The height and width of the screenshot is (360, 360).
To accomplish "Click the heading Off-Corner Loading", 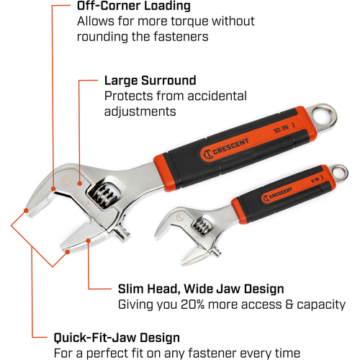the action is click(134, 6).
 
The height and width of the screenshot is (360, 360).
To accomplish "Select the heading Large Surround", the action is click(150, 81).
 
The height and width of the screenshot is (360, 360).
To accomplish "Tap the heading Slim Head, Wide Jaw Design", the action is click(201, 289).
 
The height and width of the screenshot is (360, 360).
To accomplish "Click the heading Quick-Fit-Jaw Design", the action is click(117, 338).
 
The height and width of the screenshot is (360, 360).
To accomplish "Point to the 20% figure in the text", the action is click(192, 305).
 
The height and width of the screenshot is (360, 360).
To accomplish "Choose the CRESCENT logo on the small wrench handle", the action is click(278, 194).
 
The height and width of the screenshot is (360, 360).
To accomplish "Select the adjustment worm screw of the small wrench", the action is click(201, 227).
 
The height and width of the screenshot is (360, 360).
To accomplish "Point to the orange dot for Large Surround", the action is click(80, 184).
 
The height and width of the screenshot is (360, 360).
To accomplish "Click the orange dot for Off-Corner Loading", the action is click(53, 189).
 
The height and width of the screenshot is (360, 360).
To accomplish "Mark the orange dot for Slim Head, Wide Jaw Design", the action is click(89, 240).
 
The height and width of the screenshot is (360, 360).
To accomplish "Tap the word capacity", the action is click(321, 305).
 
